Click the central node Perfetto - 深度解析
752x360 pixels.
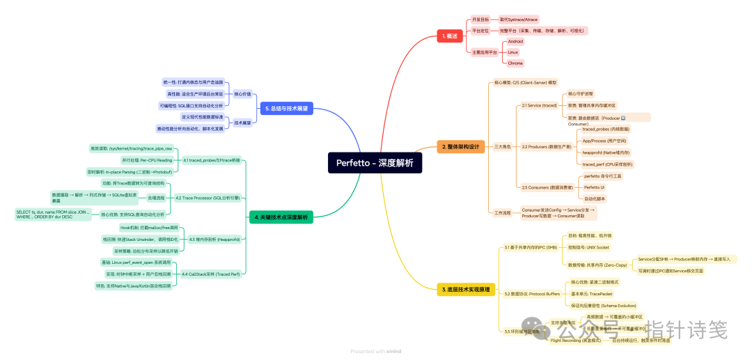click(375, 163)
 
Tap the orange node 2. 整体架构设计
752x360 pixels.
click(460, 147)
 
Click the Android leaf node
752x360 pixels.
click(515, 41)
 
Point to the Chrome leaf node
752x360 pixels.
click(515, 63)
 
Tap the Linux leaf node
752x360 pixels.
click(512, 52)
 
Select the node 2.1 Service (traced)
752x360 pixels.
click(539, 105)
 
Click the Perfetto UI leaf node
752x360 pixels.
click(594, 187)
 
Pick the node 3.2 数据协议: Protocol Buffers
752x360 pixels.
click(531, 294)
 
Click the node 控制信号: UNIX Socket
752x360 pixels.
click(588, 247)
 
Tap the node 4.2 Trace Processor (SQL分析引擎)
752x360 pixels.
click(207, 198)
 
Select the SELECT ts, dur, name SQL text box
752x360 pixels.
click(53, 214)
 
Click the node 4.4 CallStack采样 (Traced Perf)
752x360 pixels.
click(210, 274)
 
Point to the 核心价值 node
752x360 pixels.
click(242, 94)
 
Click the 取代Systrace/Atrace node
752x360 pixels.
click(518, 19)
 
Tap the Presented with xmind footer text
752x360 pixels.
click(376, 352)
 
